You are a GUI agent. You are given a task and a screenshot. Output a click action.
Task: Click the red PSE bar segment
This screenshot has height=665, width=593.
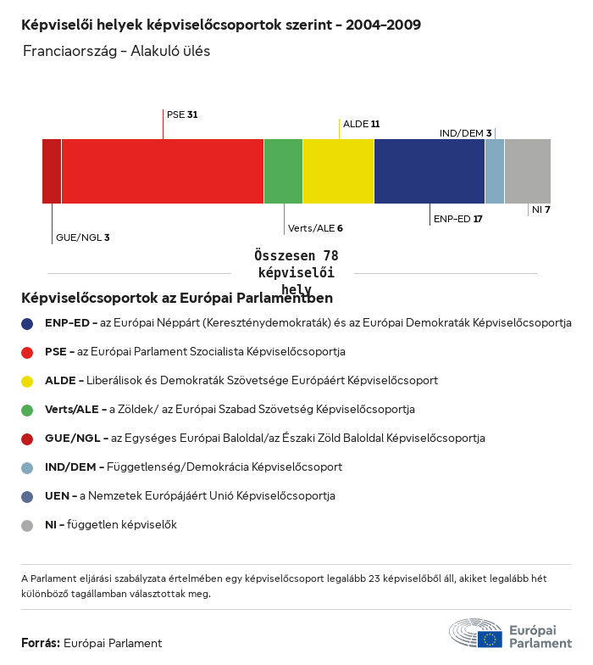click(163, 171)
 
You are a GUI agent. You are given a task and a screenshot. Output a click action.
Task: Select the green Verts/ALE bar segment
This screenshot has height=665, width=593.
click(283, 171)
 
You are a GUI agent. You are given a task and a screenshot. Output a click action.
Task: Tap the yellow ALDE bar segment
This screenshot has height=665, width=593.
click(338, 171)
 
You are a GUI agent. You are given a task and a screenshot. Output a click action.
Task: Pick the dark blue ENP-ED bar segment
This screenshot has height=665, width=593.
click(429, 171)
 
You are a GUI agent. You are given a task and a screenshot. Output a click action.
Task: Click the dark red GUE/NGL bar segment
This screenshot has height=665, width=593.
click(52, 171)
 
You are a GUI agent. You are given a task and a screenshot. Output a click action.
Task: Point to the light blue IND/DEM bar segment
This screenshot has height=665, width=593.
click(495, 171)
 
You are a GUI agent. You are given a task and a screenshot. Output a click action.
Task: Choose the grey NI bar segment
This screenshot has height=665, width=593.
click(527, 171)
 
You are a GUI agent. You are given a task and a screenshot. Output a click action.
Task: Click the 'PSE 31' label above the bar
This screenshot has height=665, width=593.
click(182, 114)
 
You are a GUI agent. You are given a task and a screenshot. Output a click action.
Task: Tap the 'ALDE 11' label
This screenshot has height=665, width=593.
click(361, 124)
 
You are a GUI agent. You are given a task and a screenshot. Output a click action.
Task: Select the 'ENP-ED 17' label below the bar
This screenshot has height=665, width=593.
click(457, 219)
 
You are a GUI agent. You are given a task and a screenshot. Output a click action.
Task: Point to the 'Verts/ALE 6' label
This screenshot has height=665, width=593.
click(315, 228)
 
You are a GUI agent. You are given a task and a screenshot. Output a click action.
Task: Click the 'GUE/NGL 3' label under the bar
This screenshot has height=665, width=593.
click(82, 237)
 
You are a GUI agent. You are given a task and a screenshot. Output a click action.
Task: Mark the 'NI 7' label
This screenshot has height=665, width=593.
click(541, 210)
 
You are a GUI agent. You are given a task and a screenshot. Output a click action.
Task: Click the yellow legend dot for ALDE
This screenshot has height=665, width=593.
click(27, 381)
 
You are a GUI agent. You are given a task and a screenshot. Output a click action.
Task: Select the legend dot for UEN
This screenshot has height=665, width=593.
click(27, 496)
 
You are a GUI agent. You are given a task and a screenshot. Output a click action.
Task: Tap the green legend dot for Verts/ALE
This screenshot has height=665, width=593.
click(27, 410)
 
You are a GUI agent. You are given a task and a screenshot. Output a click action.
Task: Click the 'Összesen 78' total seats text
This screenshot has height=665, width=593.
click(296, 255)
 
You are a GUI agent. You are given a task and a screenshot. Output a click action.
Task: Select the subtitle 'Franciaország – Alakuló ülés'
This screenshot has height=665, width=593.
click(117, 51)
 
